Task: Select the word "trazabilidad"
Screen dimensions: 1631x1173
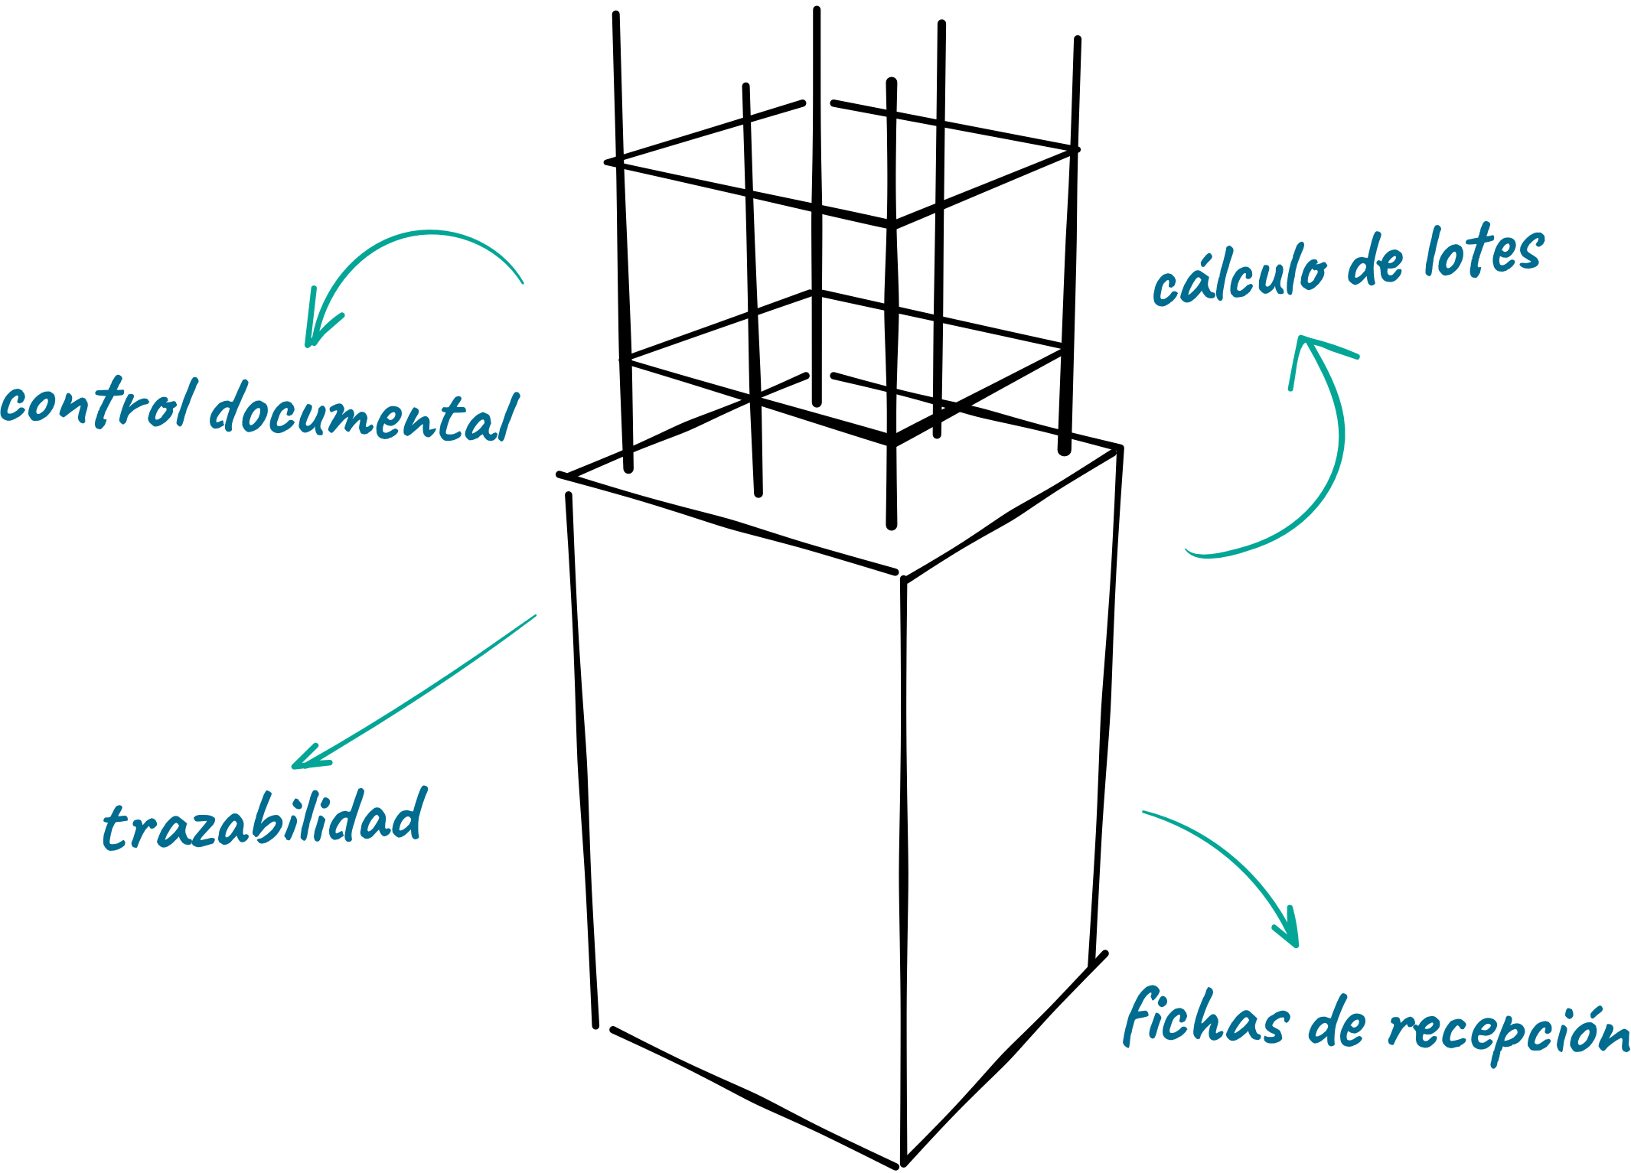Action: point(265,819)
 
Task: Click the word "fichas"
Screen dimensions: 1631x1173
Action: point(1206,1018)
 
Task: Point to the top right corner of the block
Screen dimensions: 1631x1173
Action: point(1120,448)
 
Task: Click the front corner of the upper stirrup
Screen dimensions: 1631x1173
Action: point(892,225)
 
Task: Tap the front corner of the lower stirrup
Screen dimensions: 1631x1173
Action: point(892,442)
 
